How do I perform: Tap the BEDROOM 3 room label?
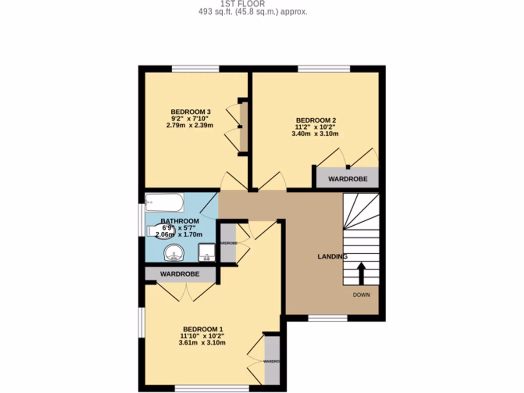[190, 112]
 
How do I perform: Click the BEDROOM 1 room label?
[203, 329]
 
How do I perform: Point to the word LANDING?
[333, 256]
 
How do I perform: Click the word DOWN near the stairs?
[361, 295]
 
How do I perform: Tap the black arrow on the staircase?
[361, 273]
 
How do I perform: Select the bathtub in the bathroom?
[164, 203]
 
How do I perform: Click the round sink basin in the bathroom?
[173, 253]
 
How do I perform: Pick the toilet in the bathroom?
[156, 231]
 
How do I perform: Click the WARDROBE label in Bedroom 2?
[347, 180]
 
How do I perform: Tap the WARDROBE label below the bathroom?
[180, 274]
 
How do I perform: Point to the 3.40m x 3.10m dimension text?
[315, 134]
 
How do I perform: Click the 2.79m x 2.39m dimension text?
[190, 125]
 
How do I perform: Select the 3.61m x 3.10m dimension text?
[202, 342]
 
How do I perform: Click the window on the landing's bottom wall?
[327, 318]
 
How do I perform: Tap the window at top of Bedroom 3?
[195, 69]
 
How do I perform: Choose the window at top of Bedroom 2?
[324, 69]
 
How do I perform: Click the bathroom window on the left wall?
[141, 221]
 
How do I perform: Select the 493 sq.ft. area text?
[253, 12]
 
